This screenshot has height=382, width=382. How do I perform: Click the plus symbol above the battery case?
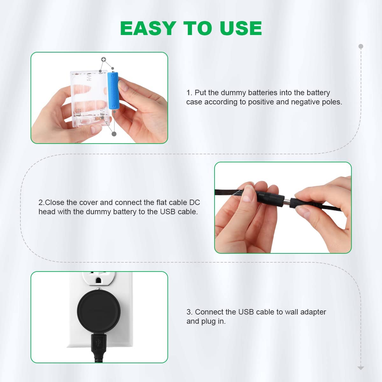coord(103,60)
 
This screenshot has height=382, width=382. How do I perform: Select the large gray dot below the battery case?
coord(114,134)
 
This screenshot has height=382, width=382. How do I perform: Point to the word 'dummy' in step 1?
coord(233,93)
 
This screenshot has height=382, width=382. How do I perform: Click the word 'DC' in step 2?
coord(195,202)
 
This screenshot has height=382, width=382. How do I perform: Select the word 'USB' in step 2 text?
coord(167,212)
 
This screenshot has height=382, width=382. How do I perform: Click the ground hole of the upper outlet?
coord(99,281)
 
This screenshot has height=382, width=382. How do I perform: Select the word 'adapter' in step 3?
coord(313,312)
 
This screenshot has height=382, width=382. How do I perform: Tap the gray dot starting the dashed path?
coord(361,46)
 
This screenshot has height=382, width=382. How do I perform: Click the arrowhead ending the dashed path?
coord(361,368)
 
